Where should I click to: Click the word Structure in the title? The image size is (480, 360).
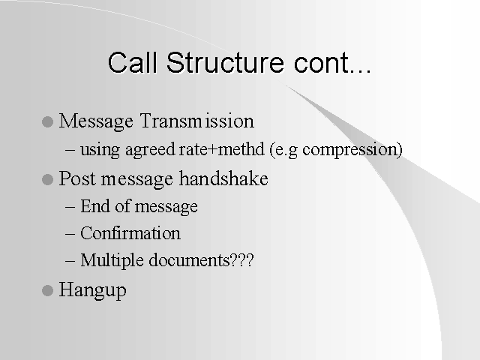225,62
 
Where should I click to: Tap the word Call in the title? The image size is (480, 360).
133,62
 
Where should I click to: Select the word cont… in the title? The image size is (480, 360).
332,63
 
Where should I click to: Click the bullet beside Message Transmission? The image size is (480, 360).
47,121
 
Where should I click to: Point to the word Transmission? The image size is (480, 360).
197,121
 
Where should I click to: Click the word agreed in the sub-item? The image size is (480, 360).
150,150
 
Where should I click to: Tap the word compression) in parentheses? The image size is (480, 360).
352,150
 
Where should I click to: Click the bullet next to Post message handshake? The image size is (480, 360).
47,179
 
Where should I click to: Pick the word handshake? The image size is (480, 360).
223,178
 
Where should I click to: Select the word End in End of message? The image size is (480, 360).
95,206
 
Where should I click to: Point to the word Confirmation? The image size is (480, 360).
130,233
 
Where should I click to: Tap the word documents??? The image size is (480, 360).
202,260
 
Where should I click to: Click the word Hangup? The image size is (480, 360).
92,290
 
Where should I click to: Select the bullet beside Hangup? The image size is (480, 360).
47,290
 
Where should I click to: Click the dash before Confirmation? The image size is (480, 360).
70,234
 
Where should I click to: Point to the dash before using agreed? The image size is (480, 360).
70,150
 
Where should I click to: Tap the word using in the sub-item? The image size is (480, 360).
100,151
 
